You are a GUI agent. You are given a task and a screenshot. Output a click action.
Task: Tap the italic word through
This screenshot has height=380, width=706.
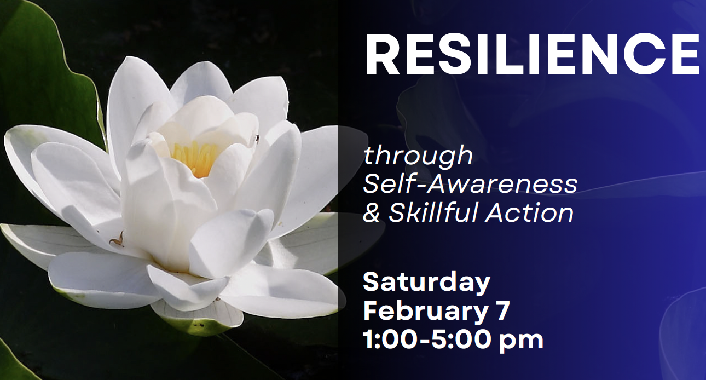[x=418, y=156]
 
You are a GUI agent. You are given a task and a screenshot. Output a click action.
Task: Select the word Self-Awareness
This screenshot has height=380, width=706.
[x=470, y=185]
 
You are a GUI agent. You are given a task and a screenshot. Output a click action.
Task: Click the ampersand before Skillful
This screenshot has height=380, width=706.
[x=371, y=214]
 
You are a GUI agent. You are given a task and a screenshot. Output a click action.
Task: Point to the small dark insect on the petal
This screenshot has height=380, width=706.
[x=257, y=139]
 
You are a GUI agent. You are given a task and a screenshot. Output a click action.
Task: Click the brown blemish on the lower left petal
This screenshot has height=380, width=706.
[x=117, y=239]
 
